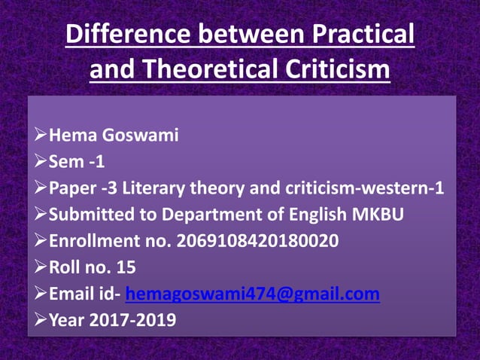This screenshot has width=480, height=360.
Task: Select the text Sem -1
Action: pos(76,163)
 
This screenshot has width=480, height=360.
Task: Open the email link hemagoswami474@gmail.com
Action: pos(252,294)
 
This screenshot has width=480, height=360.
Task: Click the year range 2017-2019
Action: pos(133,320)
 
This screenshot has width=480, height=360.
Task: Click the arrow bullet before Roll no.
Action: pos(41,267)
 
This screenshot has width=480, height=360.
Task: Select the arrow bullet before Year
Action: pos(41,320)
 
